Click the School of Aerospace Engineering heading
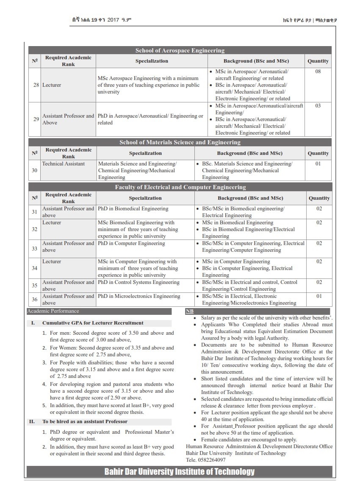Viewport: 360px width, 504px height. tap(180, 50)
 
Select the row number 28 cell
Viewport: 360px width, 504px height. tap(35, 85)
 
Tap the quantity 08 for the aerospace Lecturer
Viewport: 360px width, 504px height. tap(318, 72)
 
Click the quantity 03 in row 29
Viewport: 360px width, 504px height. tap(318, 106)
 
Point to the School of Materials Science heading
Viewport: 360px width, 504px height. tap(180, 142)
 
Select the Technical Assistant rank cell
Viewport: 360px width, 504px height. tap(64, 164)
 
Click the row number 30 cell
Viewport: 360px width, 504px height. tap(35, 171)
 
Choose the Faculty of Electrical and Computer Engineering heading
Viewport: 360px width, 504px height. tap(180, 187)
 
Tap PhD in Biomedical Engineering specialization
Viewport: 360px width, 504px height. tap(133, 209)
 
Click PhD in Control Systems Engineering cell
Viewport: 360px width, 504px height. tap(138, 282)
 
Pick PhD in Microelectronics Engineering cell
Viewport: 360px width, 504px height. tap(139, 296)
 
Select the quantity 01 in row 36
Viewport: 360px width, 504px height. tap(319, 296)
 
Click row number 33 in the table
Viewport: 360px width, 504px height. tap(35, 248)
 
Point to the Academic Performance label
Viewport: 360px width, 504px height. tap(53, 311)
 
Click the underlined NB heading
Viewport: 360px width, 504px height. tap(189, 311)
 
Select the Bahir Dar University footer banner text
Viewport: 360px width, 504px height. tap(180, 471)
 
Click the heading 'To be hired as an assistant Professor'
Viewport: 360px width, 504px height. tap(85, 421)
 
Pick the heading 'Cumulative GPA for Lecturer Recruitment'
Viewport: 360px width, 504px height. tap(93, 323)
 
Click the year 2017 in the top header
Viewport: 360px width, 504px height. tap(113, 20)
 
